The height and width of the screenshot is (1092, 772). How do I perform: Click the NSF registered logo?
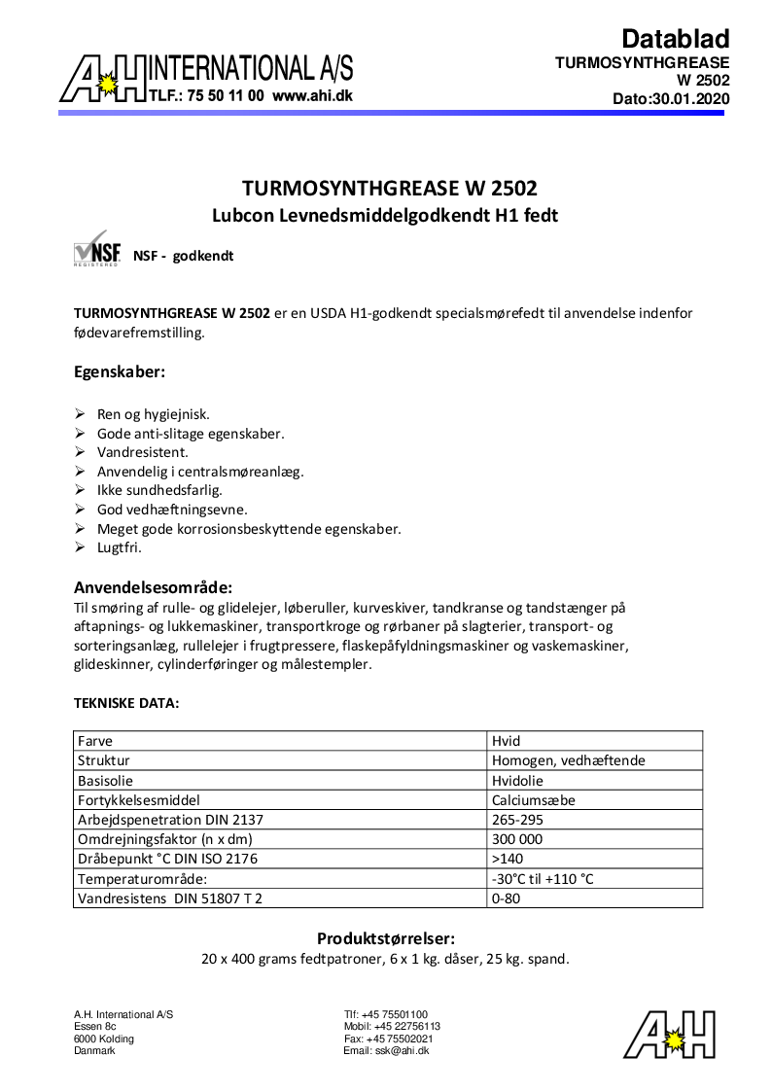click(96, 249)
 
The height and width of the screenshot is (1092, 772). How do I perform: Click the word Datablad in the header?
click(675, 39)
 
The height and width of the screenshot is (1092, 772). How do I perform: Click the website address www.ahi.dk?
click(312, 96)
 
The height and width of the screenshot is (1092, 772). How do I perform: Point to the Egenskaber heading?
click(120, 371)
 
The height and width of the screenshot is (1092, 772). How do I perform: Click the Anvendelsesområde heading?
click(153, 587)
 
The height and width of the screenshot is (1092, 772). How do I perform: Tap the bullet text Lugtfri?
click(120, 548)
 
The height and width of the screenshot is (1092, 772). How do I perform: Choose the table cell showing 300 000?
click(518, 839)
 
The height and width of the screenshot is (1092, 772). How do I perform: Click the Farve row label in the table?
click(95, 741)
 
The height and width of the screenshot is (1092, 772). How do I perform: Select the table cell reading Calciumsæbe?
click(534, 800)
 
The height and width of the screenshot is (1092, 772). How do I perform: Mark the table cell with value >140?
click(509, 859)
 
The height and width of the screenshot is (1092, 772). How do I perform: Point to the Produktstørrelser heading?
click(386, 938)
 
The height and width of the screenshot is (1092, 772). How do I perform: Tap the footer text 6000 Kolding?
click(104, 1039)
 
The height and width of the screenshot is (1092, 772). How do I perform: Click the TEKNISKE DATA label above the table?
click(126, 703)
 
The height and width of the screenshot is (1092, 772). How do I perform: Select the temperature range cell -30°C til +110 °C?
click(543, 879)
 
